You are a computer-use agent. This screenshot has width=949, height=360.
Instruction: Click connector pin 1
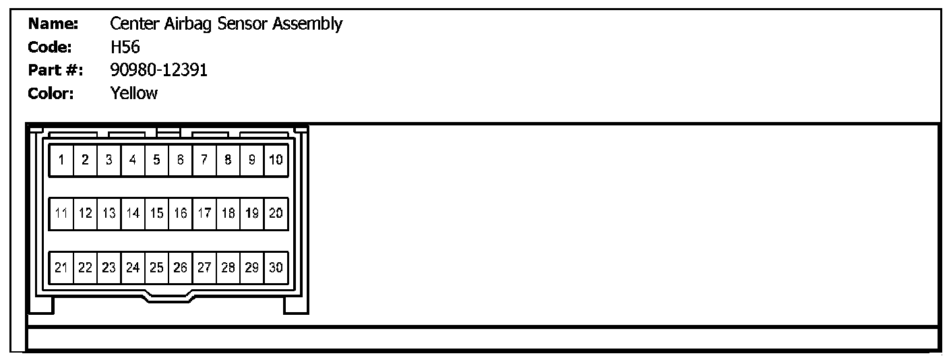click(x=61, y=160)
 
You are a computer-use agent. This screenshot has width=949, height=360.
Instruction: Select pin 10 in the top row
click(x=276, y=160)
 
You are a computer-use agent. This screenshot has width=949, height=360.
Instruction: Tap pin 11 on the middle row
click(x=61, y=214)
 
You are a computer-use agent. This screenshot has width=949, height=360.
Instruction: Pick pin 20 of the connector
click(x=276, y=214)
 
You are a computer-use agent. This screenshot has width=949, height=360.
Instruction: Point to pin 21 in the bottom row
click(x=61, y=268)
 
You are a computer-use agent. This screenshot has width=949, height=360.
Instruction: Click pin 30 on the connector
click(x=276, y=268)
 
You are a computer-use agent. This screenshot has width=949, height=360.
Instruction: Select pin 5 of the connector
click(x=156, y=160)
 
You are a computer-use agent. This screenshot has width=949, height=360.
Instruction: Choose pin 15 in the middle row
click(x=156, y=214)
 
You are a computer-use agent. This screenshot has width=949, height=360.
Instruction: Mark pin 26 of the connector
click(x=180, y=268)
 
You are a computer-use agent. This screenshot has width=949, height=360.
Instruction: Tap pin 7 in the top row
click(x=204, y=160)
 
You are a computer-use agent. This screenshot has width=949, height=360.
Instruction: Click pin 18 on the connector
click(x=228, y=214)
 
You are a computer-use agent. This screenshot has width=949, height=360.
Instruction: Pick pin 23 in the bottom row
click(x=109, y=268)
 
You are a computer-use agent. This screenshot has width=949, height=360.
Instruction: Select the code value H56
click(x=125, y=47)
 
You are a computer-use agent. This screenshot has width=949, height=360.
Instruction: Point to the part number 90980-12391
click(x=158, y=70)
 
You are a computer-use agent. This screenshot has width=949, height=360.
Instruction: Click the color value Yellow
click(x=133, y=93)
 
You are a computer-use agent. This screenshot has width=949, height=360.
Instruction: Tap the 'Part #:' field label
click(x=55, y=70)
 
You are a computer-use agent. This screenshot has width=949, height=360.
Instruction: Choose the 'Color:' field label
click(x=51, y=93)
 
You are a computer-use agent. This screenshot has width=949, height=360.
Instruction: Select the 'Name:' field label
click(x=53, y=24)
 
